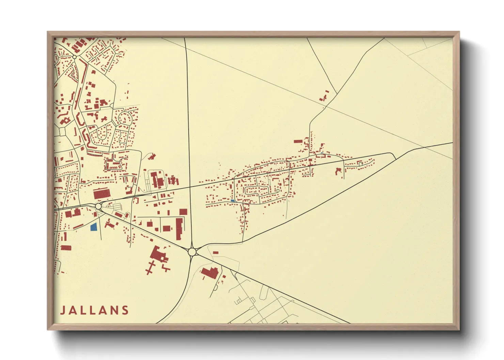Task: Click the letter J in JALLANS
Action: coord(63,310)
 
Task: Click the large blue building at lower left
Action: coord(94,227)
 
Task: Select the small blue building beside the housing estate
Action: coord(233,201)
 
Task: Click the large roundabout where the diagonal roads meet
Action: coord(192,251)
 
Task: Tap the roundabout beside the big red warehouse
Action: coord(98,206)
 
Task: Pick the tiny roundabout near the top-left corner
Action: coord(74,57)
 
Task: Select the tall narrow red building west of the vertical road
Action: coord(179,229)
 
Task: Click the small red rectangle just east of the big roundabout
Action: coord(216,252)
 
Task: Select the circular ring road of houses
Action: coord(125,118)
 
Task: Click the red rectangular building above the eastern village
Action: coord(298,141)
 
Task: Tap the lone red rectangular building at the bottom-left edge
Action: coord(66,247)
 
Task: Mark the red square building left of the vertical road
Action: coord(183,212)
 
